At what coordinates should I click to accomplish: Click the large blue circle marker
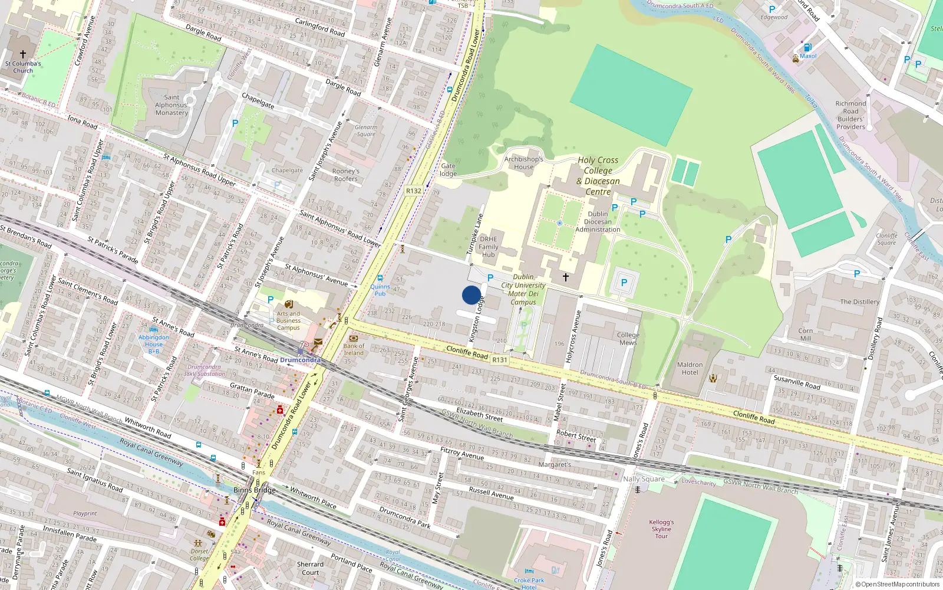coord(471,295)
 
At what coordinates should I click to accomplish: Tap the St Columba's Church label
coord(23,67)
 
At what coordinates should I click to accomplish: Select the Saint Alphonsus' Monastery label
coord(172,105)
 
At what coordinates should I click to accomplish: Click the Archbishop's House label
coord(523,163)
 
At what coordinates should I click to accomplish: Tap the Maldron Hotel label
coord(690,369)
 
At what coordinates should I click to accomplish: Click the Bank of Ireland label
coord(354,349)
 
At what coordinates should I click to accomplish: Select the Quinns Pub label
coord(380,290)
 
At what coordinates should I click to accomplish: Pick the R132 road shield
coord(414,191)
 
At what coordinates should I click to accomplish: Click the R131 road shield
coord(500,359)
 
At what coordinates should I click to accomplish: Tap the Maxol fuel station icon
coord(807,47)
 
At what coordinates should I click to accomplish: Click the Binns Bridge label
coord(255,490)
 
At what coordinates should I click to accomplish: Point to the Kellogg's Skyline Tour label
coord(661,529)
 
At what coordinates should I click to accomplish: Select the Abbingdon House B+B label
coord(154,344)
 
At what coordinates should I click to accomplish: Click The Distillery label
coord(859,301)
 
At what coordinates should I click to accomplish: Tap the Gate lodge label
coord(448,170)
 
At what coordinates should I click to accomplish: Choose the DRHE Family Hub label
coord(489,247)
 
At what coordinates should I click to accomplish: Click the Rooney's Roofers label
coord(346,175)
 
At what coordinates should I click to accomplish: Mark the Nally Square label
coord(644,479)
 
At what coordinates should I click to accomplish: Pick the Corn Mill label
coord(805,335)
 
